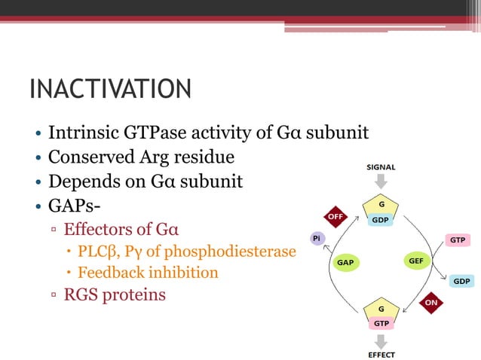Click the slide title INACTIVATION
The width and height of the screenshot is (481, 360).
[x=110, y=89]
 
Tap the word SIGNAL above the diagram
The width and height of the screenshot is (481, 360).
[x=381, y=167]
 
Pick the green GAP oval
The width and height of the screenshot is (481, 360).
[x=345, y=263]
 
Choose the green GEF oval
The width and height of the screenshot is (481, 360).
[x=415, y=261]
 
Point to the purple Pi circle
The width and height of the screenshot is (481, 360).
[x=317, y=238]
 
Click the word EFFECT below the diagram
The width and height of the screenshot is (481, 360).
[x=381, y=354]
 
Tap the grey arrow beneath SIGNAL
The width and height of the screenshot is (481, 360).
[x=381, y=182]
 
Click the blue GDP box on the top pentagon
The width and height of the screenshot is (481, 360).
[x=380, y=220]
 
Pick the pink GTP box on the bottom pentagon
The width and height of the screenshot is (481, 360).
[x=380, y=322]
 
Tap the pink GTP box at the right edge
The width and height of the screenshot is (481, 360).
[x=457, y=239]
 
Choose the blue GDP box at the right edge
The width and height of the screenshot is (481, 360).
[x=461, y=280]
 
